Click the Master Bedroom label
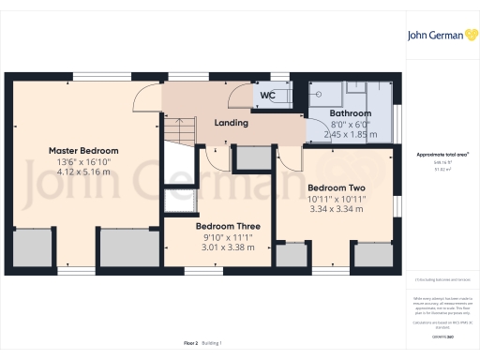83,150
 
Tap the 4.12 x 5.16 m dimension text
85,172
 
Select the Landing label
231,123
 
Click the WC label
266,95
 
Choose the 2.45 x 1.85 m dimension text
350,134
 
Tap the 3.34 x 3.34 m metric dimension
342,209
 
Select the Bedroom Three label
228,227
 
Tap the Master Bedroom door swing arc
146,98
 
